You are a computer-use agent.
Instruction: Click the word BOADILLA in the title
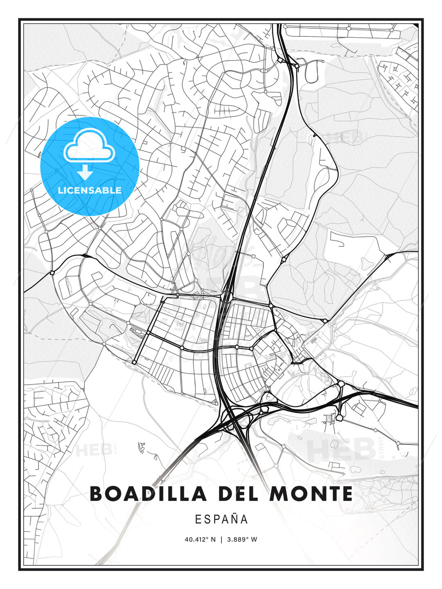coord(148,494)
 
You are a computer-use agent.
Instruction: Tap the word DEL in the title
coord(238,494)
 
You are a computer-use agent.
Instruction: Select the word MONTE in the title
coord(311,494)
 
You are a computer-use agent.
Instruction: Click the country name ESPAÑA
coord(221,519)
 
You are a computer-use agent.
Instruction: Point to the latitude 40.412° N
coord(200,539)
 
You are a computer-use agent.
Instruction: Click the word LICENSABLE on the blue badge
coord(90,190)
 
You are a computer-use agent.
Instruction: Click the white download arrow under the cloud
coord(85,172)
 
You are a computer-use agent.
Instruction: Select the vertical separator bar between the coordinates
coord(221,539)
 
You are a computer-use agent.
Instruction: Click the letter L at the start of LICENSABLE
coord(60,190)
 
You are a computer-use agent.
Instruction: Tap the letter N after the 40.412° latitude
coord(213,539)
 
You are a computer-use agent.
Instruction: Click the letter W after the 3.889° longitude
coord(254,539)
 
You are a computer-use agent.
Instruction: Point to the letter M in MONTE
coord(276,494)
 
